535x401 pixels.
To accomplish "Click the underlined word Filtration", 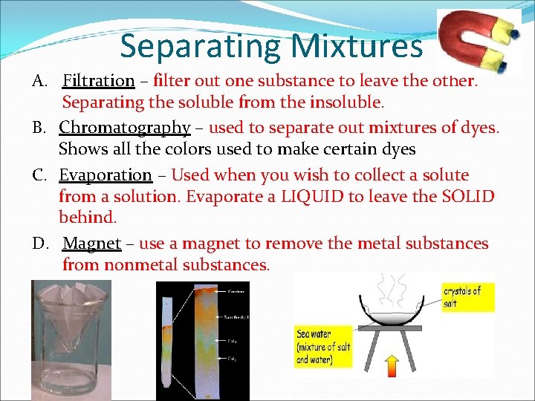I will coord(99,80).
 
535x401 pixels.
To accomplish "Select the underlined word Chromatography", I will coord(125,128).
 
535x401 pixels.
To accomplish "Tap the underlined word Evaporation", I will coord(106,175).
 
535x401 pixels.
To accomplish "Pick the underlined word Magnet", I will coord(92,244).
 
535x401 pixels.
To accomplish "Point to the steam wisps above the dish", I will coord(391,286).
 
